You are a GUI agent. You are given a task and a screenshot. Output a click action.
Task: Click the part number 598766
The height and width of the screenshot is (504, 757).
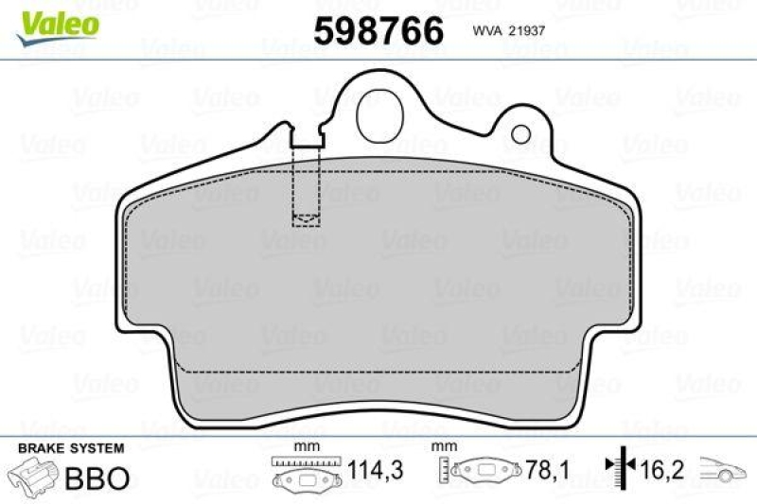(x=378, y=31)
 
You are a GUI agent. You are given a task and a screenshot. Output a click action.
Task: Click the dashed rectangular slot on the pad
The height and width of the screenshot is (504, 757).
(x=306, y=186)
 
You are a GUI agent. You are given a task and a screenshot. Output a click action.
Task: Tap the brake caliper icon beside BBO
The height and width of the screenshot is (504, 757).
(x=34, y=476)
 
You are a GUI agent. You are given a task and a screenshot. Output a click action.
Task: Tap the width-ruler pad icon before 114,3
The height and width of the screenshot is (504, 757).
(x=305, y=474)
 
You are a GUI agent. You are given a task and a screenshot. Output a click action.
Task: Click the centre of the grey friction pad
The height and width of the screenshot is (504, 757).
(x=378, y=284)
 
